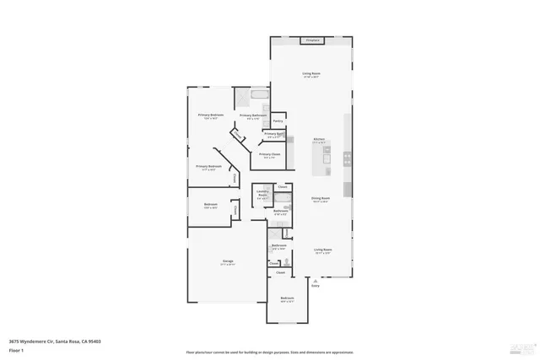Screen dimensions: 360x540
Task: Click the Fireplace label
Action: click(x=311, y=40)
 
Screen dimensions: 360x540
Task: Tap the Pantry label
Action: click(x=278, y=121)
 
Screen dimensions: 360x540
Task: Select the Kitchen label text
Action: click(x=319, y=140)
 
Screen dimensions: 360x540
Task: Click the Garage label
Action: click(x=228, y=262)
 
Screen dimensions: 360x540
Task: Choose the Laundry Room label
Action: click(x=262, y=196)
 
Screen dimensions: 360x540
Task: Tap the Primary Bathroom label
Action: click(x=253, y=116)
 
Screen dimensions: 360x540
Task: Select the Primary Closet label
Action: click(x=270, y=155)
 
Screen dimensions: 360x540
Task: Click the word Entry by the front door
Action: click(x=316, y=286)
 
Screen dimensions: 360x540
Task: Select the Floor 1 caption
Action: click(x=17, y=348)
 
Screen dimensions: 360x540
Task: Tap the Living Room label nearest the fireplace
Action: click(x=311, y=74)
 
